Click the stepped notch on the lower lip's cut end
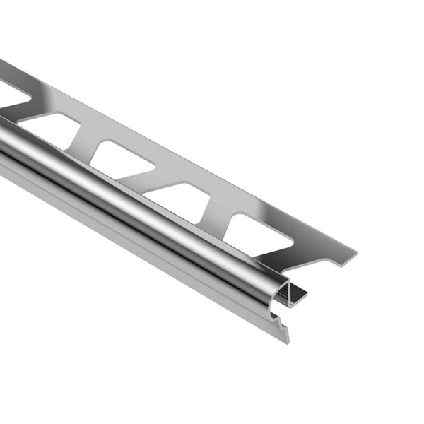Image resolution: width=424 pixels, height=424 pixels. pyautogui.click(x=282, y=326)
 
